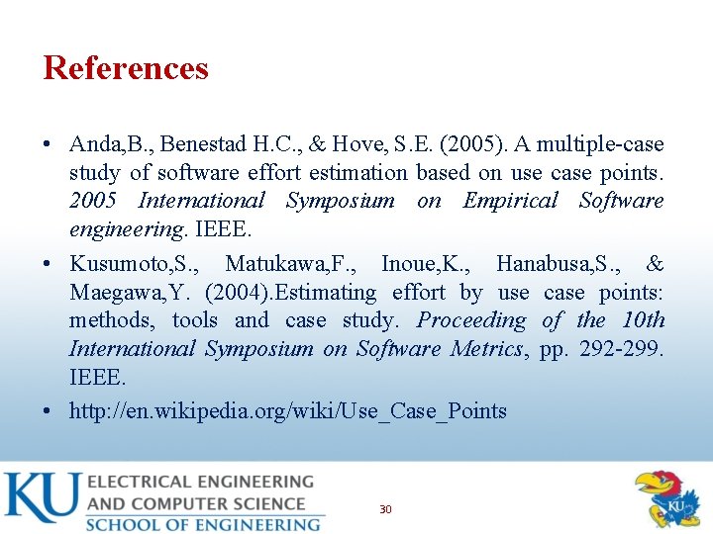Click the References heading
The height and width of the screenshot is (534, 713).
click(x=126, y=68)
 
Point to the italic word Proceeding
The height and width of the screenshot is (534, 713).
click(x=470, y=320)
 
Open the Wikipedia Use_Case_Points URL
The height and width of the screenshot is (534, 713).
click(x=287, y=410)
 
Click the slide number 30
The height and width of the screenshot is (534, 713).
click(x=385, y=509)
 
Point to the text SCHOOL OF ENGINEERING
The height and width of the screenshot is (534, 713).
click(x=203, y=523)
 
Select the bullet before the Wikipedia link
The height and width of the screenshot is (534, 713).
click(x=49, y=411)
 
